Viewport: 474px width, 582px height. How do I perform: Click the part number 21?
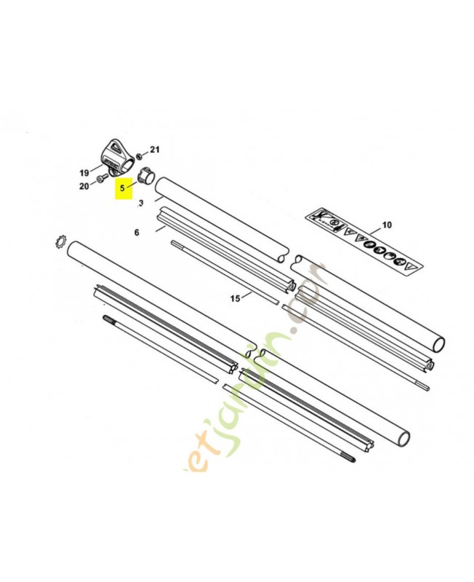pyautogui.click(x=154, y=150)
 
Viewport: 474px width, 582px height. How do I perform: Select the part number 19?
pyautogui.click(x=84, y=173)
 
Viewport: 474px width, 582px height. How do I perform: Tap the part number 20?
pyautogui.click(x=84, y=187)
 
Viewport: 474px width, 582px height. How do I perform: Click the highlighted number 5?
pyautogui.click(x=124, y=187)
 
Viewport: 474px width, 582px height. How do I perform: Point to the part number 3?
pyautogui.click(x=141, y=202)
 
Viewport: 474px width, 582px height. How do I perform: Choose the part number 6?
pyautogui.click(x=136, y=232)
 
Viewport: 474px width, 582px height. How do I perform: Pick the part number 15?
pyautogui.click(x=235, y=298)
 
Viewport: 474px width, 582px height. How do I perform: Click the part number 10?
pyautogui.click(x=386, y=226)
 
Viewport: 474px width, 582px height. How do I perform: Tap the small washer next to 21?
pyautogui.click(x=140, y=154)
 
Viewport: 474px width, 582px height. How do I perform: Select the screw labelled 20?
pyautogui.click(x=100, y=183)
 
